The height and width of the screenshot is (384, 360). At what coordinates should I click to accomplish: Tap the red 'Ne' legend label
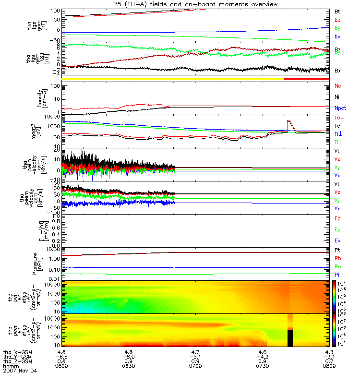click(337, 86)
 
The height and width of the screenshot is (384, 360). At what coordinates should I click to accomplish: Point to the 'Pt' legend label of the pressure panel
click(337, 250)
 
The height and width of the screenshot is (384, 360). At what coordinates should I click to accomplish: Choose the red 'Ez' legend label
click(337, 218)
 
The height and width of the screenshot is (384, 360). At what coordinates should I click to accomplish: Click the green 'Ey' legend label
click(337, 229)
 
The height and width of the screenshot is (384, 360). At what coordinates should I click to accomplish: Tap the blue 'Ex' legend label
click(337, 240)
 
